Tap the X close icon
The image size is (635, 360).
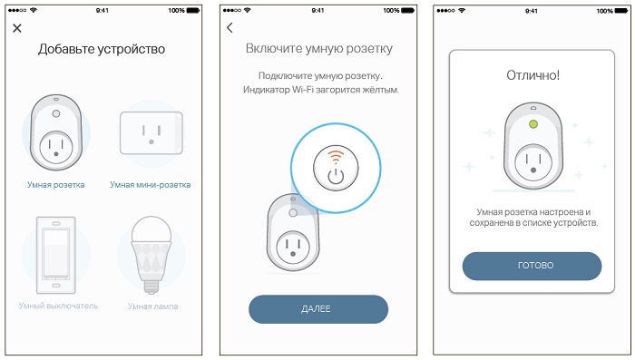17,28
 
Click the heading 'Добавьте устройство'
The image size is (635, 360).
102,49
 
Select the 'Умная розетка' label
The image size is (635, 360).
56,185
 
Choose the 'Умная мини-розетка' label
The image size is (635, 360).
151,185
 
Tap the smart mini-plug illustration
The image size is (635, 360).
151,132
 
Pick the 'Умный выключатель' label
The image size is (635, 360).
58,306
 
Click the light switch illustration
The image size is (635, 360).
56,255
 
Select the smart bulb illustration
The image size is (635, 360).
151,255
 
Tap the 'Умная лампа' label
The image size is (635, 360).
152,306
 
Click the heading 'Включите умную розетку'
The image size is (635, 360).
319,49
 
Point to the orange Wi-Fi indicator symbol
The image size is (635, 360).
336,157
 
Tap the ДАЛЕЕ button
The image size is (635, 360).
318,309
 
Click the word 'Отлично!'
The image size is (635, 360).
533,75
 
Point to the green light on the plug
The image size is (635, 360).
533,124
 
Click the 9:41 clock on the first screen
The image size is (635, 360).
102,11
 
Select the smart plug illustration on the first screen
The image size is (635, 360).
56,132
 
